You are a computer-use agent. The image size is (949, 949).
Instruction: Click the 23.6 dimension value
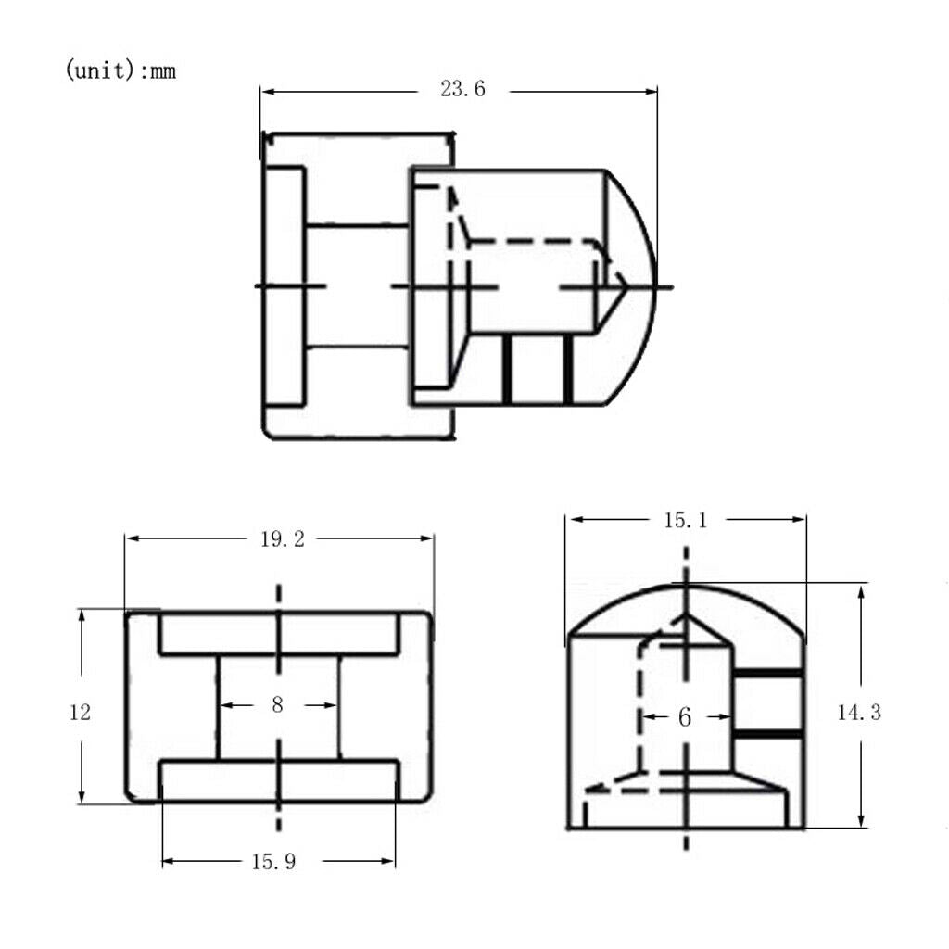[x=462, y=90]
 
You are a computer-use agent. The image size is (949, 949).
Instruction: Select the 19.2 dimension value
[x=282, y=539]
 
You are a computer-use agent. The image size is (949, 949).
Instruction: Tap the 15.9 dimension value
[x=273, y=862]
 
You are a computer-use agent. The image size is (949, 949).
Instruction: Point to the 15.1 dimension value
[x=686, y=521]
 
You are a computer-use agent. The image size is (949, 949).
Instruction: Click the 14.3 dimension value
[x=859, y=713]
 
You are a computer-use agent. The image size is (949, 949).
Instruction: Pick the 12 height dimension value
[x=80, y=713]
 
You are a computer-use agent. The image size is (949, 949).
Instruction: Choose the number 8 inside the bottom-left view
[x=277, y=704]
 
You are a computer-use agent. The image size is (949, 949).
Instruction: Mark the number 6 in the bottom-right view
[x=685, y=717]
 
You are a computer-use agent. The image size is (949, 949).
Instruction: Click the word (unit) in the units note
[x=99, y=70]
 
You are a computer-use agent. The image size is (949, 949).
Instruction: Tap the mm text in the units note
[x=162, y=72]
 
